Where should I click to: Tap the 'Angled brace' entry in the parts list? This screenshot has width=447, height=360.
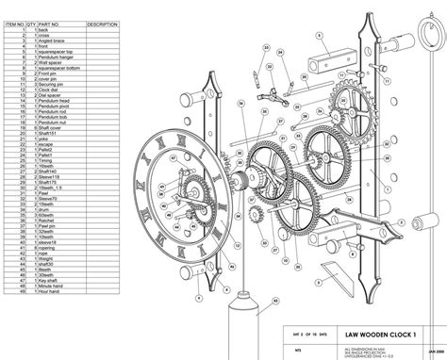pyautogui.click(x=47, y=42)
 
